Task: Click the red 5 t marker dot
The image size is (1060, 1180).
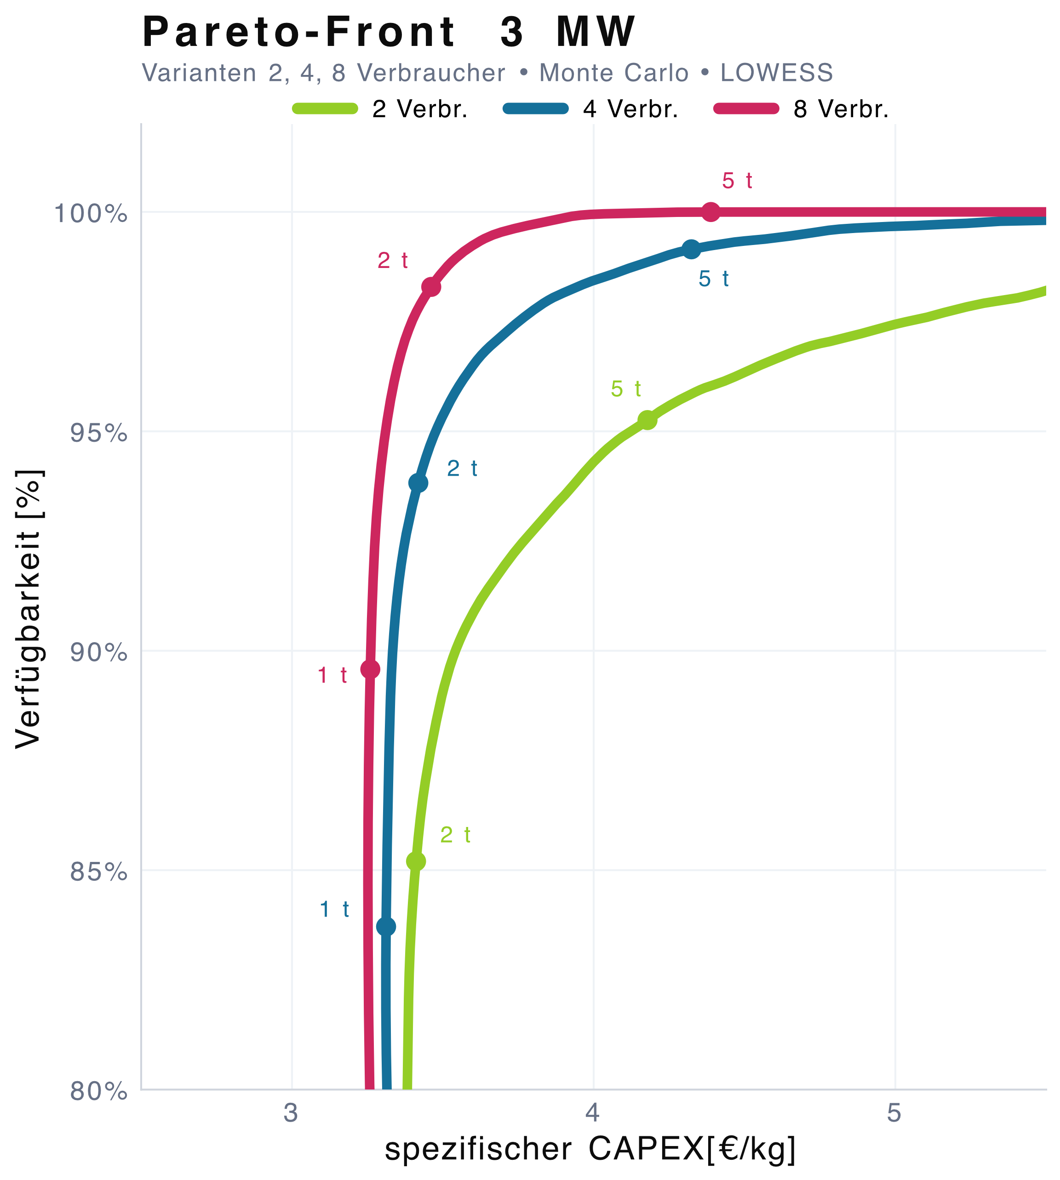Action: [x=710, y=212]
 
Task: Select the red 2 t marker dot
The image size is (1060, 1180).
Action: [x=431, y=287]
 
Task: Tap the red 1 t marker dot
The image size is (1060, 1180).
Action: [x=370, y=669]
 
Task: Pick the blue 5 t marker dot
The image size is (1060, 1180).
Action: [x=691, y=250]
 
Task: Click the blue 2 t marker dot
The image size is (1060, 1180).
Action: [x=418, y=483]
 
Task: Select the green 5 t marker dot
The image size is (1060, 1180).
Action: [x=647, y=420]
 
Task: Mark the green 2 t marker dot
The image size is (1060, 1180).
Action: [x=416, y=861]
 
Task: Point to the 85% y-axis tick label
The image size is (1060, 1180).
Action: [x=98, y=872]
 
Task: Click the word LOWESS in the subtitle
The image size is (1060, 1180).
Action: [x=776, y=73]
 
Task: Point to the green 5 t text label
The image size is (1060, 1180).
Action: [x=625, y=389]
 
